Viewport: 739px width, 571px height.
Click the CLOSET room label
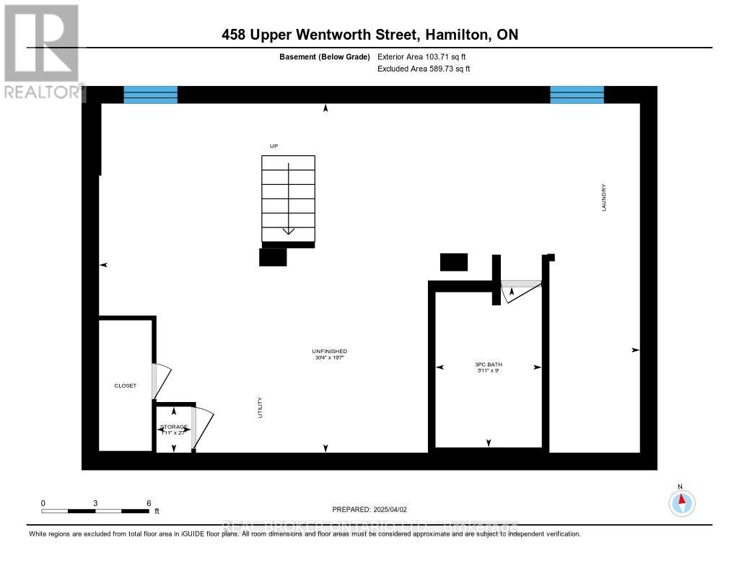click(x=126, y=385)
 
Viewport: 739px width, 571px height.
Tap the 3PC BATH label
click(x=487, y=365)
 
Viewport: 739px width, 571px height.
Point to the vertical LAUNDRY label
click(x=604, y=197)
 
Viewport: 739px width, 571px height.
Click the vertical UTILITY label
click(x=261, y=408)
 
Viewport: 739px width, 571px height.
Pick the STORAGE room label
click(x=174, y=427)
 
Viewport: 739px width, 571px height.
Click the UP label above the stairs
click(x=274, y=147)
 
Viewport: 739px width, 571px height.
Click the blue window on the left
click(x=151, y=95)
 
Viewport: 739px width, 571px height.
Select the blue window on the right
click(x=577, y=95)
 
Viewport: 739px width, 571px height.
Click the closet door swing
click(x=162, y=380)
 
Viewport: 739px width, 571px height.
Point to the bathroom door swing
click(x=520, y=290)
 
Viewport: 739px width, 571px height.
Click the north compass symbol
click(x=682, y=502)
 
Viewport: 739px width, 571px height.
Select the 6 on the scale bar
click(x=148, y=502)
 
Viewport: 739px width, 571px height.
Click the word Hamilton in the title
click(x=453, y=35)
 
